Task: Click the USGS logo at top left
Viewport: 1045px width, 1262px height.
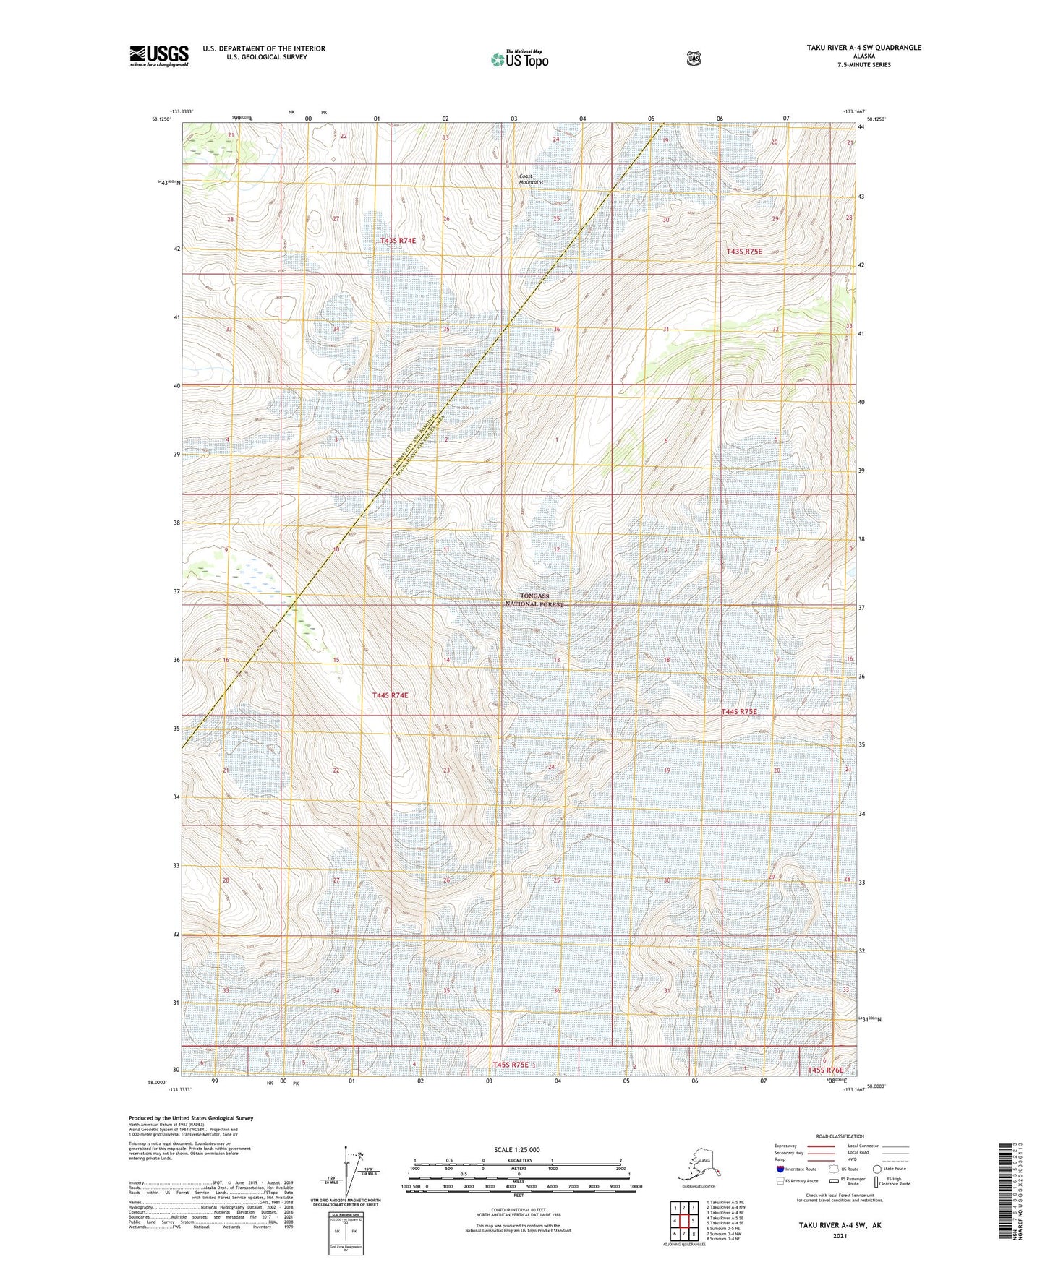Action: coord(158,56)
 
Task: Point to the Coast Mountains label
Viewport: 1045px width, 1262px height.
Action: coord(532,179)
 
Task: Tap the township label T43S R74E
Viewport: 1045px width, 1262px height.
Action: coord(398,240)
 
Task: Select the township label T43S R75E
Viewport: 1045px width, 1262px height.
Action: coord(744,252)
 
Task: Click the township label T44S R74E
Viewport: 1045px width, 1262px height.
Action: coord(390,695)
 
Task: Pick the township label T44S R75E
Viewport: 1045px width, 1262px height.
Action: coord(739,712)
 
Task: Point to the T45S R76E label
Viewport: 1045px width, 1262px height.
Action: coord(825,1070)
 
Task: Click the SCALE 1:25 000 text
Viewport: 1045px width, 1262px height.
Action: coord(516,1149)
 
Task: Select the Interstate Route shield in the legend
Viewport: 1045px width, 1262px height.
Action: coord(780,1169)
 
